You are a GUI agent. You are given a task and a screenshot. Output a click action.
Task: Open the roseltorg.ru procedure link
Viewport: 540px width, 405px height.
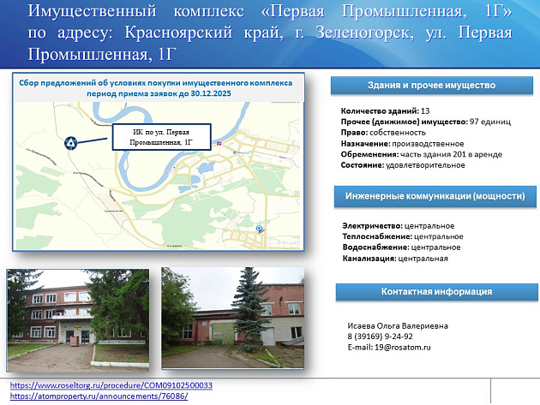tap(111, 385)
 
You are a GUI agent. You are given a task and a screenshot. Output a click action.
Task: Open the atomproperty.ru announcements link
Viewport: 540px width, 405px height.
tap(99, 396)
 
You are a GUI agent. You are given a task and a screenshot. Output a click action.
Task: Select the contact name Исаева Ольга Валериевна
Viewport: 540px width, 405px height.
tap(398, 326)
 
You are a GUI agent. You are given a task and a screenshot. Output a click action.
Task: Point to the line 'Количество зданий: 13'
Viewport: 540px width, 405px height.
tap(385, 111)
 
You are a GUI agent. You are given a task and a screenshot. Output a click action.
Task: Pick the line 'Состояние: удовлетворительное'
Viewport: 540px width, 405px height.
tap(403, 164)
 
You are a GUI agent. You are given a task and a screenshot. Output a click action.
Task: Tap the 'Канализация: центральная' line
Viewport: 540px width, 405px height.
tap(394, 258)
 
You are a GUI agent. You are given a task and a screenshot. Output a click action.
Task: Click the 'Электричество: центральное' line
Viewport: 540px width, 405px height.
tap(398, 225)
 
